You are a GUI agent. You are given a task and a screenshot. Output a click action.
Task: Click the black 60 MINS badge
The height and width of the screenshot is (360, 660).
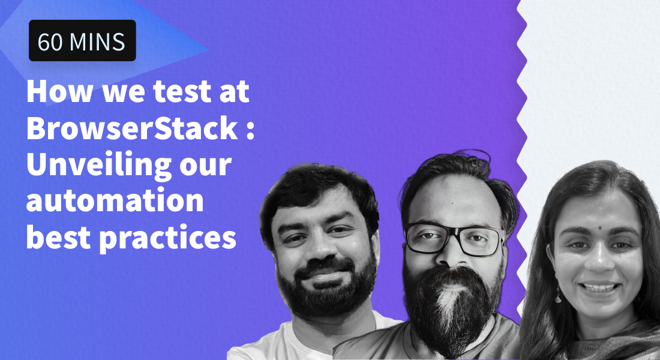click(x=82, y=41)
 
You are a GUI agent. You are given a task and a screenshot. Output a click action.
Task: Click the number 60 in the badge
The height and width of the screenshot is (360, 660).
click(x=50, y=41)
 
